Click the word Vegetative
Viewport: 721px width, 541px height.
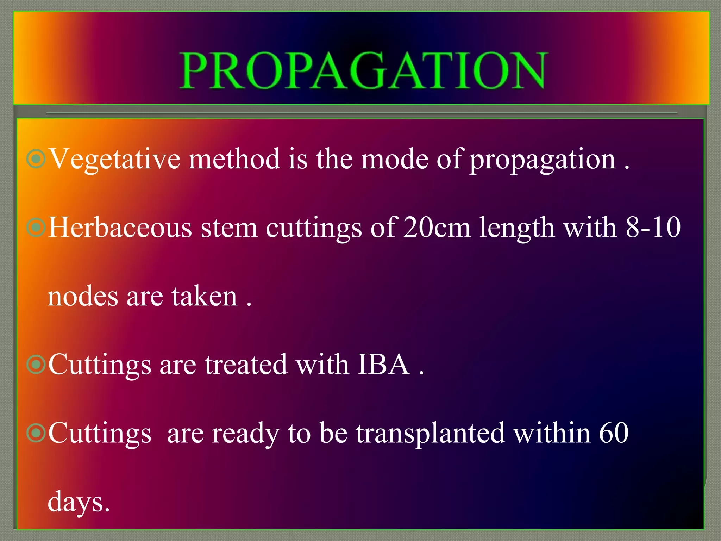click(x=114, y=160)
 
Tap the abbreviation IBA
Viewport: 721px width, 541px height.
click(x=383, y=364)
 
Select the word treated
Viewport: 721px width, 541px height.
click(x=246, y=364)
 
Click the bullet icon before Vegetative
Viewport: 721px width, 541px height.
click(x=36, y=159)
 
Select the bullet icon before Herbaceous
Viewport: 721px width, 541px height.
click(x=36, y=228)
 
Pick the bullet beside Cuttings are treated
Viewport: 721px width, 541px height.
click(x=36, y=365)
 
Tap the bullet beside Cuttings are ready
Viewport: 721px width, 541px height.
click(x=36, y=433)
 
